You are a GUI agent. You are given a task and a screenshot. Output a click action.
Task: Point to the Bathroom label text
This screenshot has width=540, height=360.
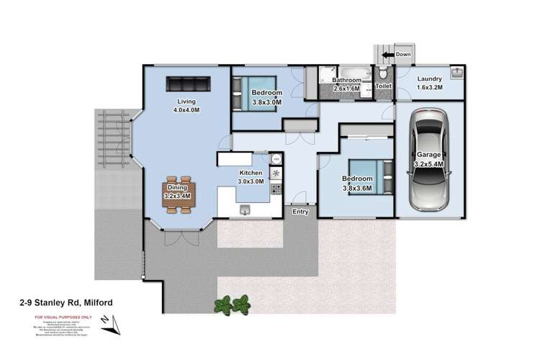click(346, 81)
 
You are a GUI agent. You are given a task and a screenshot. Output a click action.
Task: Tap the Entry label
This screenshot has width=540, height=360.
click(300, 212)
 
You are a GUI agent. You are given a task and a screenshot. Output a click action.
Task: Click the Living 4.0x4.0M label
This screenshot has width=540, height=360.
click(186, 106)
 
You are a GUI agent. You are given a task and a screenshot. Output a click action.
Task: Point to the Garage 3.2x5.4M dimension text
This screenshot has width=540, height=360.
click(429, 159)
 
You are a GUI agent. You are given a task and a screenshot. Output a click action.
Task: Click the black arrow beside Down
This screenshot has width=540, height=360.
click(387, 55)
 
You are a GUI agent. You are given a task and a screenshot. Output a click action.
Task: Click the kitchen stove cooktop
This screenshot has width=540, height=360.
click(276, 174)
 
